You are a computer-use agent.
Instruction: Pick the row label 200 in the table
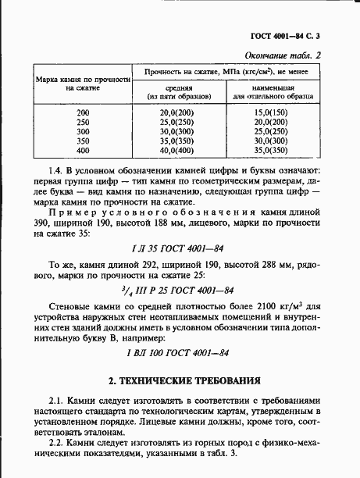pos(83,114)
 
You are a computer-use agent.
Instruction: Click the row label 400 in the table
pos(83,150)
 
